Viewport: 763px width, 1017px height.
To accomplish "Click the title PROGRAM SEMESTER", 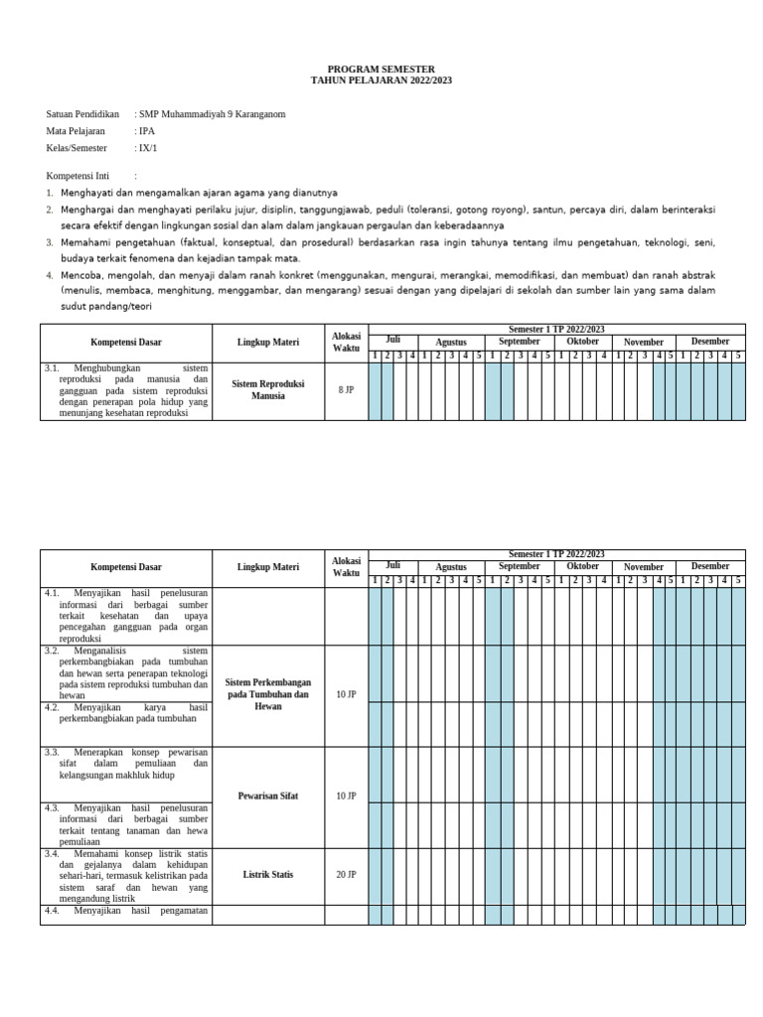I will [x=381, y=70].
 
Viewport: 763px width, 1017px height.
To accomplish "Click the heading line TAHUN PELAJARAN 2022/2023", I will [x=381, y=80].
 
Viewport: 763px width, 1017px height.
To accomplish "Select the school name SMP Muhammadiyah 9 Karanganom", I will [x=212, y=114].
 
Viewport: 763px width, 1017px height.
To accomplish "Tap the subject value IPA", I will [x=147, y=131].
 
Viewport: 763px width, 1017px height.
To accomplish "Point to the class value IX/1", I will [x=149, y=148].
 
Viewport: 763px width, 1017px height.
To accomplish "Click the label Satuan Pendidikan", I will [x=82, y=114].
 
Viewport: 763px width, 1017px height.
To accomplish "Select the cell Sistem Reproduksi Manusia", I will [x=267, y=389].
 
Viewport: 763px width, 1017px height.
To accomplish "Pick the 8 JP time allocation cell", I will [x=346, y=390].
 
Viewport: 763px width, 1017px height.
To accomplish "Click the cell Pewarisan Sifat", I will [x=267, y=797].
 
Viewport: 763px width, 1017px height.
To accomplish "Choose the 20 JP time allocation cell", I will [x=346, y=875].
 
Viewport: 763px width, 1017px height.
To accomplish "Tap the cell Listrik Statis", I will [x=267, y=875].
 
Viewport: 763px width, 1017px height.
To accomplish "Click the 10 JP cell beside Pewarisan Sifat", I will [x=346, y=797].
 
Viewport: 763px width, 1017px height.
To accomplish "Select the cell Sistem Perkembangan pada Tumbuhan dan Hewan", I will [x=267, y=694].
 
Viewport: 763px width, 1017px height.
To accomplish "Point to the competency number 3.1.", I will [x=53, y=367].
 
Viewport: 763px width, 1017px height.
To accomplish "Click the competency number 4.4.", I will [x=53, y=911].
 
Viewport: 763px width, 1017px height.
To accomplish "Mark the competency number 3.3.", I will [x=53, y=753].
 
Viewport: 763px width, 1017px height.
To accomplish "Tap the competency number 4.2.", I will [x=53, y=707].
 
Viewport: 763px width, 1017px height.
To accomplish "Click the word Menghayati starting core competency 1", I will [x=86, y=193].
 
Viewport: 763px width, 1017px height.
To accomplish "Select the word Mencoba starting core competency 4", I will [x=80, y=274].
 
